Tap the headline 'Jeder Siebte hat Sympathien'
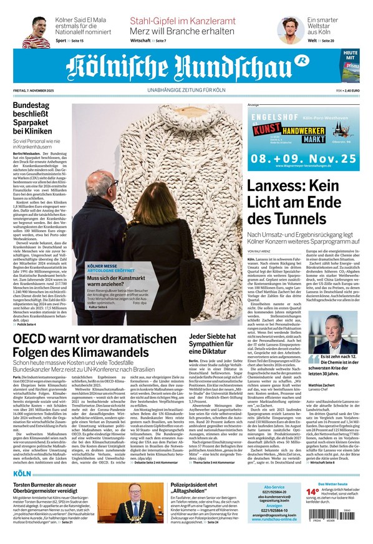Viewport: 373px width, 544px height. (212, 343)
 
